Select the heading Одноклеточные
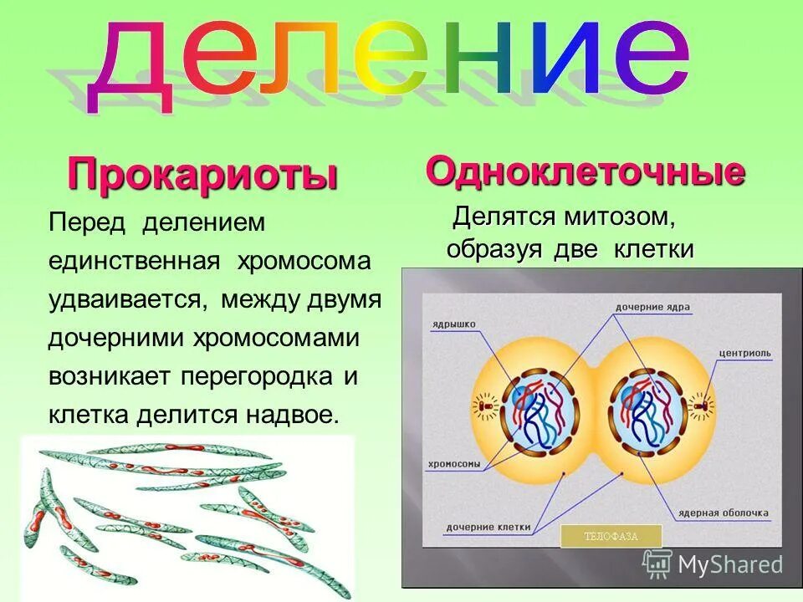tap(585, 171)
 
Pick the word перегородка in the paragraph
tap(258, 376)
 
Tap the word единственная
tap(133, 261)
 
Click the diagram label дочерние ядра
tap(653, 307)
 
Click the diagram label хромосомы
tap(454, 462)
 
